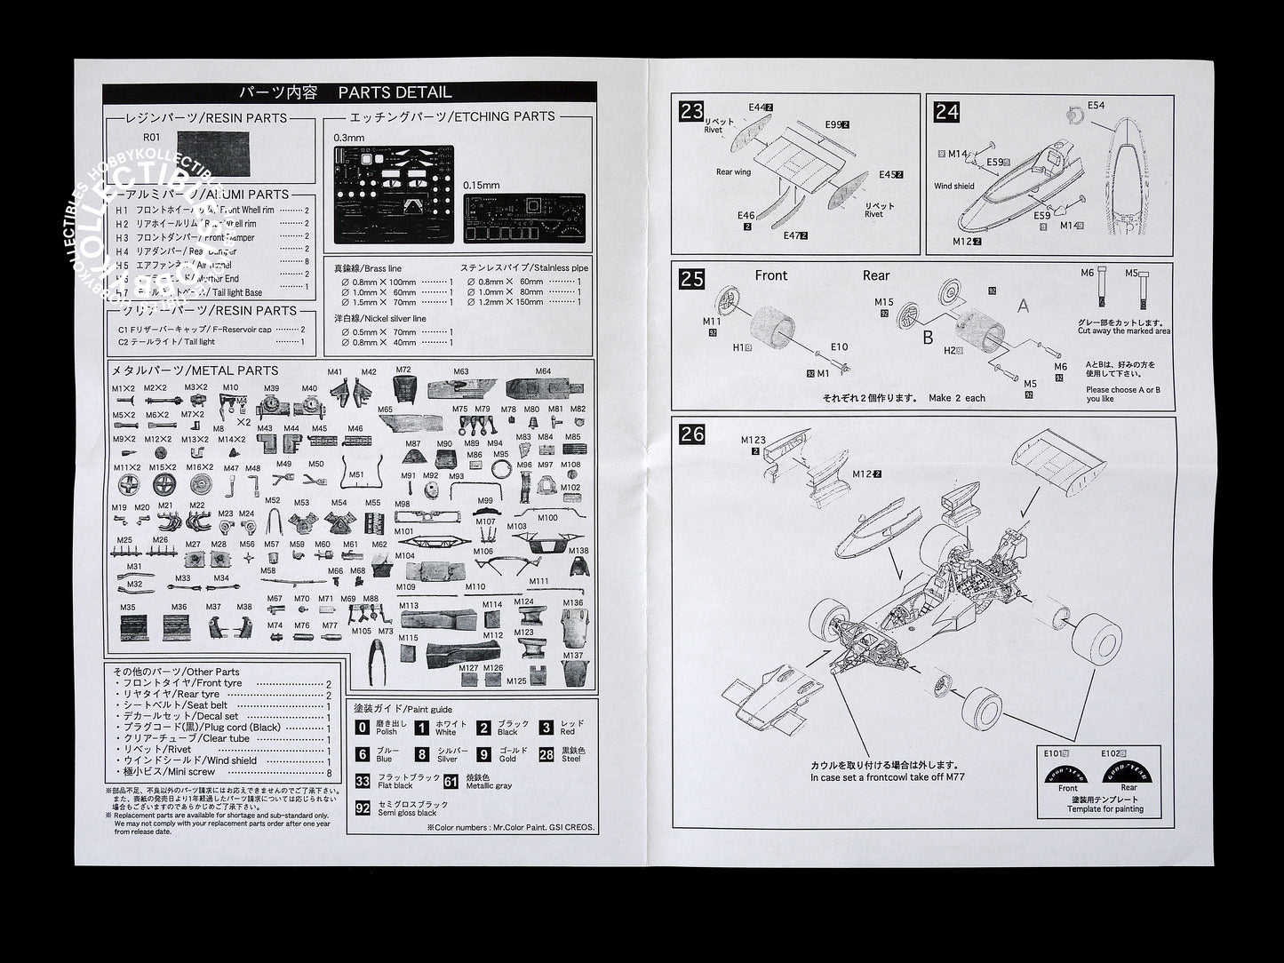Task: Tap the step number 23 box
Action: coord(691,112)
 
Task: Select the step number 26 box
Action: coord(691,434)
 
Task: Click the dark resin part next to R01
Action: coord(213,153)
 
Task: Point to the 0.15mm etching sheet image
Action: coord(524,217)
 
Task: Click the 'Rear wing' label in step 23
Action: coord(733,172)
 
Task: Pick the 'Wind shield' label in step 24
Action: coord(953,187)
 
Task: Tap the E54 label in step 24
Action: coord(1096,106)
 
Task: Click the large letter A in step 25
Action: coord(1023,306)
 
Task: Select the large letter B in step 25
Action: coord(928,338)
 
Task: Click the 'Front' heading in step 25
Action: coord(770,275)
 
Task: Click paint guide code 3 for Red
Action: coord(546,728)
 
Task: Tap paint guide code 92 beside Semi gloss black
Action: coord(363,808)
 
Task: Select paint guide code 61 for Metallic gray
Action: coord(451,781)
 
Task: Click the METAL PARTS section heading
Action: coord(195,370)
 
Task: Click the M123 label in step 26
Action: coord(753,440)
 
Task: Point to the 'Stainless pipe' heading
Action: coord(524,267)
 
